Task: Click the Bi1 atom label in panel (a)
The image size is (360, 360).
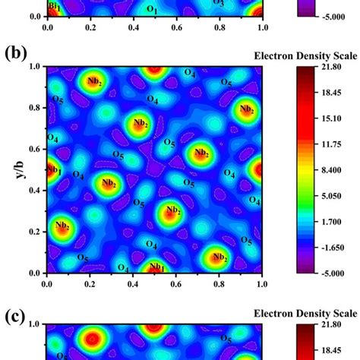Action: click(x=54, y=7)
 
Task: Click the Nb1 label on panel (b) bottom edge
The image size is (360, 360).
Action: click(x=156, y=267)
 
